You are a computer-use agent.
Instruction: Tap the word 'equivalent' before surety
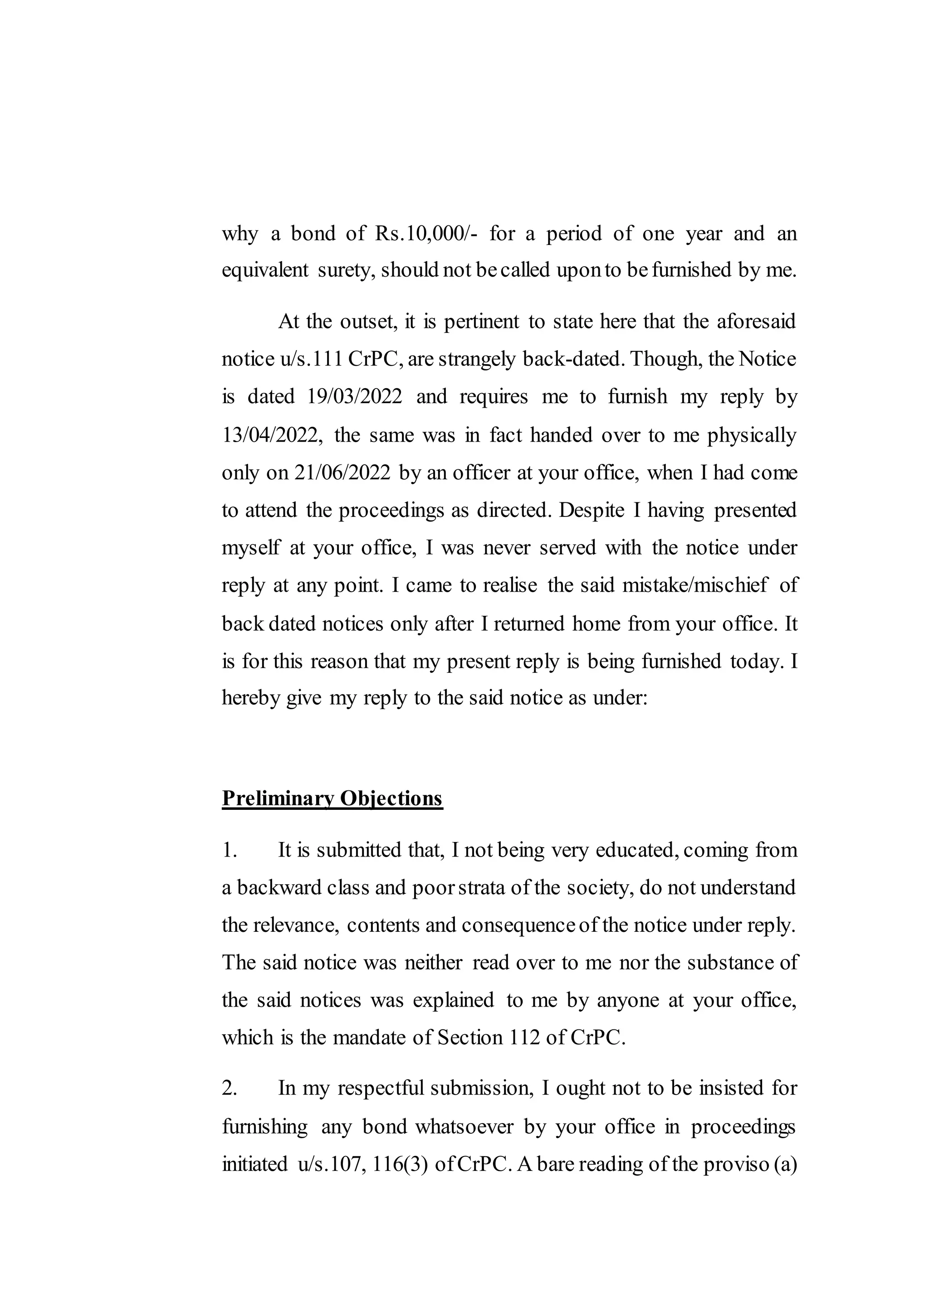(x=265, y=270)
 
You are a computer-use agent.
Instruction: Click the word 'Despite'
(x=591, y=510)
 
